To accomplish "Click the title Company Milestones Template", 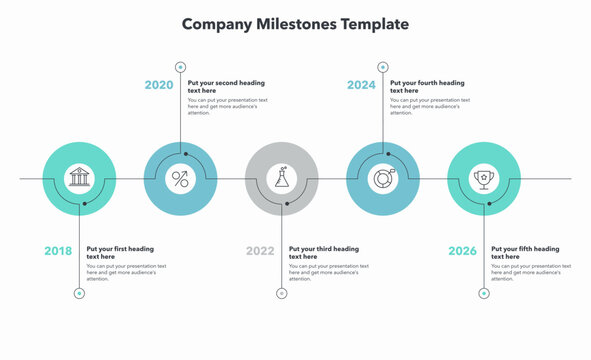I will [295, 23].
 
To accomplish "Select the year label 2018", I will [58, 251].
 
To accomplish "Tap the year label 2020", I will [159, 85].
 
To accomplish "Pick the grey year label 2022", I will [260, 251].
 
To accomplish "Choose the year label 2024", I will [361, 85].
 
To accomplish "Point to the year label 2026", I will [462, 251].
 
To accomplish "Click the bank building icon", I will [80, 179].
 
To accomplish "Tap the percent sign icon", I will [181, 179].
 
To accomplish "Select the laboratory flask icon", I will [282, 179].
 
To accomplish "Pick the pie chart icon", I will [383, 179].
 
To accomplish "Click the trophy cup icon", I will [484, 179].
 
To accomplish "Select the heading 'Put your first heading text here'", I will [120, 252].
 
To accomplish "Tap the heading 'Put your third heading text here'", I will [323, 252].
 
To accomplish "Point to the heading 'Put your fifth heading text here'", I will [525, 252].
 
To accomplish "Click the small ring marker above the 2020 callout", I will [181, 67].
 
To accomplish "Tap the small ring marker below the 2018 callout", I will [80, 293].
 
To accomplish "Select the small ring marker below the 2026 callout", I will [484, 293].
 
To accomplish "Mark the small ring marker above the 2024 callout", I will [383, 67].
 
